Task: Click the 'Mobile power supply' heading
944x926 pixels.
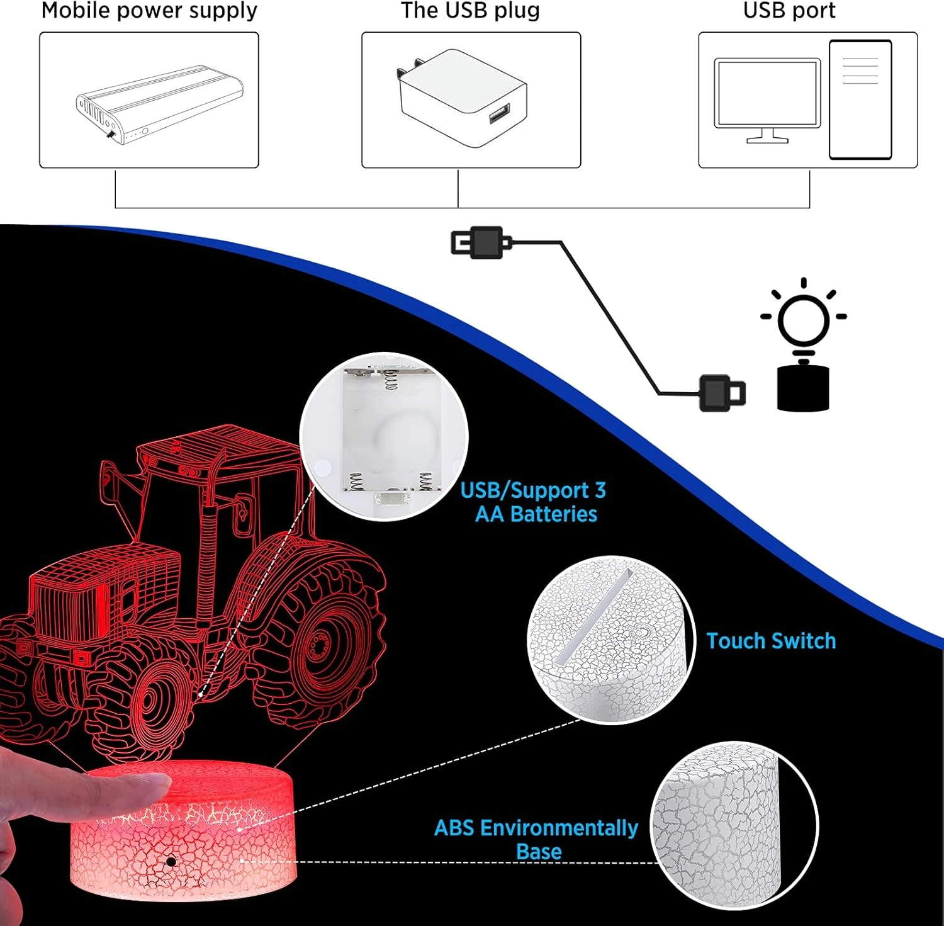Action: click(x=149, y=11)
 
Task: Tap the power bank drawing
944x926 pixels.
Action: click(x=160, y=105)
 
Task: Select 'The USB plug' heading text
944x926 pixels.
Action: click(x=470, y=11)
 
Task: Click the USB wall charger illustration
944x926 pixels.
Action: click(x=461, y=98)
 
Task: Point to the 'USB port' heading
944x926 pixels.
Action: click(x=789, y=11)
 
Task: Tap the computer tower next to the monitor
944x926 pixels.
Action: click(x=860, y=99)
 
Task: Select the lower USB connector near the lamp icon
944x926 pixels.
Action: click(x=722, y=393)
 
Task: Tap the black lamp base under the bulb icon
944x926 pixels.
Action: click(x=803, y=388)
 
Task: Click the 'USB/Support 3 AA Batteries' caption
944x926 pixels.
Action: click(x=534, y=502)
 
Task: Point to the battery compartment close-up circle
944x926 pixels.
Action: click(x=384, y=436)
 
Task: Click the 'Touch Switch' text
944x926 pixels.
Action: click(x=771, y=641)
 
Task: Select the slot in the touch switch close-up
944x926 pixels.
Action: click(x=594, y=616)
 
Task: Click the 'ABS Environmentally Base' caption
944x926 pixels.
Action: click(x=536, y=839)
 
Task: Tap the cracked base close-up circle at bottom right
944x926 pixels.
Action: click(x=734, y=825)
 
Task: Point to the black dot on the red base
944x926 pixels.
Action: click(x=171, y=861)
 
